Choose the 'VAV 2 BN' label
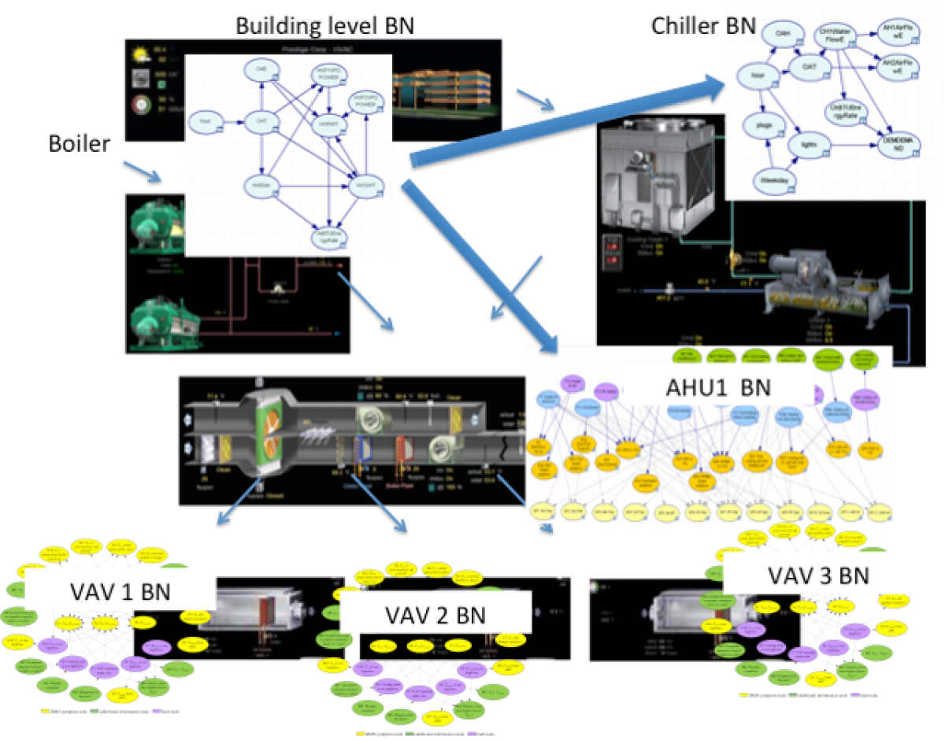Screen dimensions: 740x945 435,612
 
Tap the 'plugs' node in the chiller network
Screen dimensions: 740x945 762,124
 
